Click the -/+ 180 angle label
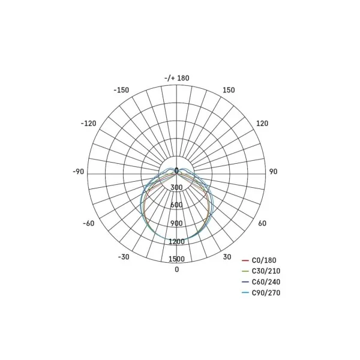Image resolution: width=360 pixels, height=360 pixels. [177, 78]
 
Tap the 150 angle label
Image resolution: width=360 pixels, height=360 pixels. [229, 90]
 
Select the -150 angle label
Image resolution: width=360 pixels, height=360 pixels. [121, 90]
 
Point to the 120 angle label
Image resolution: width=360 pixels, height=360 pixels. [262, 124]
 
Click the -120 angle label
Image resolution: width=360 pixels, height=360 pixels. [88, 124]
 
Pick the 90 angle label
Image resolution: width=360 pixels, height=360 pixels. [273, 172]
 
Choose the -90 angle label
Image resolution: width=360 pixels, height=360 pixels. [78, 172]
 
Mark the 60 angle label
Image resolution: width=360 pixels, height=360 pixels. [262, 223]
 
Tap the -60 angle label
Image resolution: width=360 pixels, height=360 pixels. [89, 223]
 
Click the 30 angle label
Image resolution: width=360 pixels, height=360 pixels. [227, 257]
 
